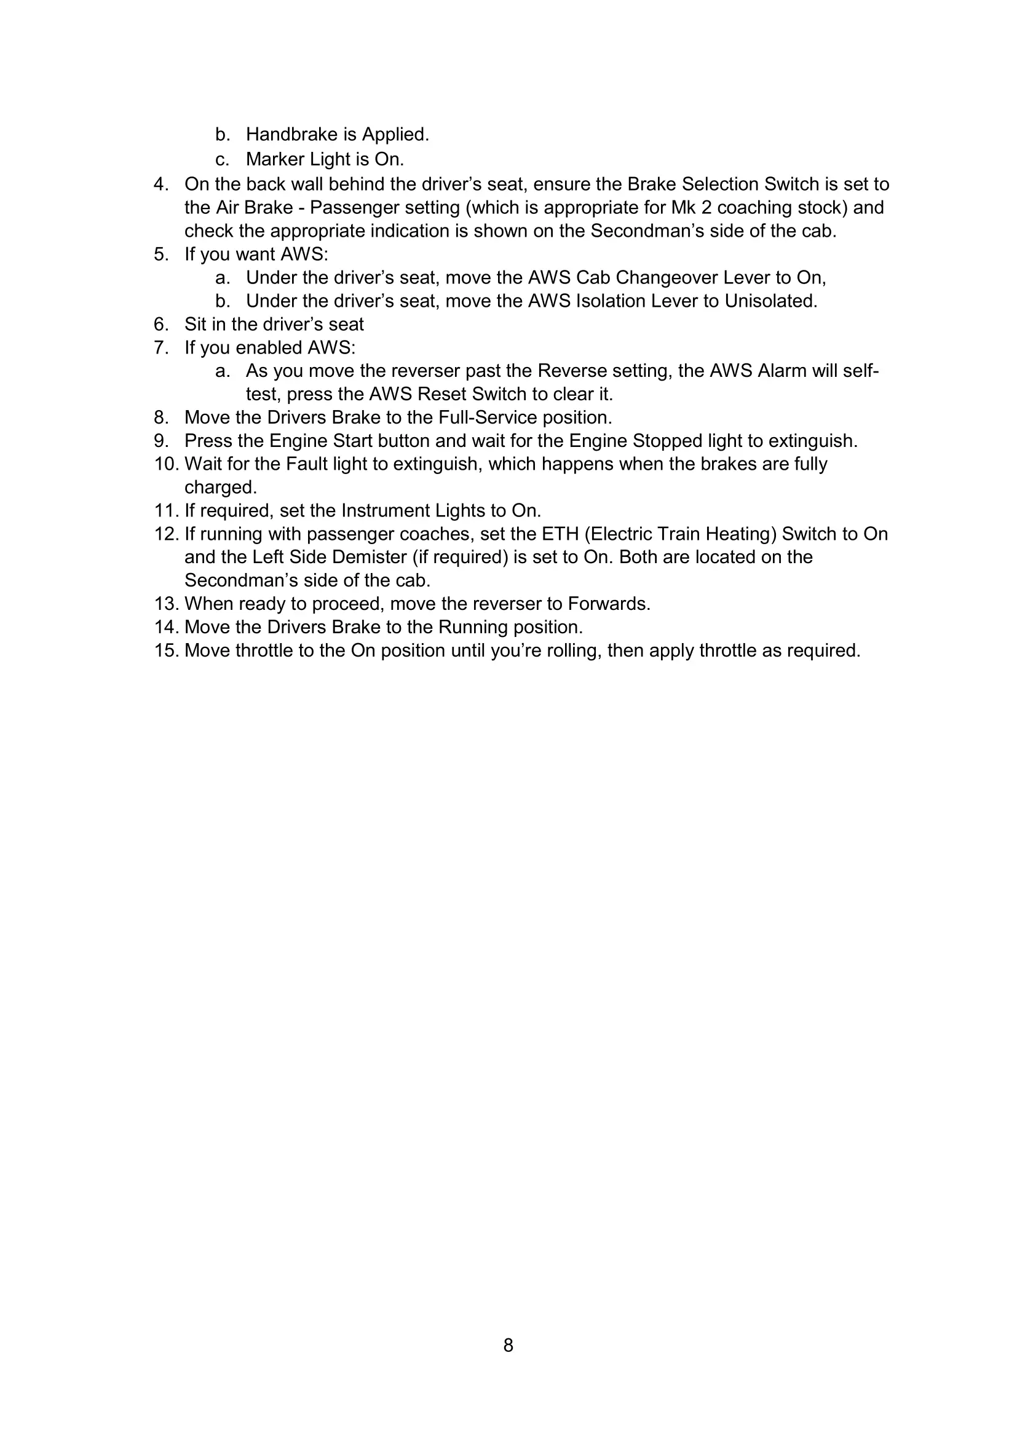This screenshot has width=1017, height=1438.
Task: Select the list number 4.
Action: pos(161,184)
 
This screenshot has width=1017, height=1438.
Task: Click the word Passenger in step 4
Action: pos(349,207)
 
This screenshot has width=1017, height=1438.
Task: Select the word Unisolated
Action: pos(770,301)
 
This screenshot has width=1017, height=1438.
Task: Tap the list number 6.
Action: pos(161,325)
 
